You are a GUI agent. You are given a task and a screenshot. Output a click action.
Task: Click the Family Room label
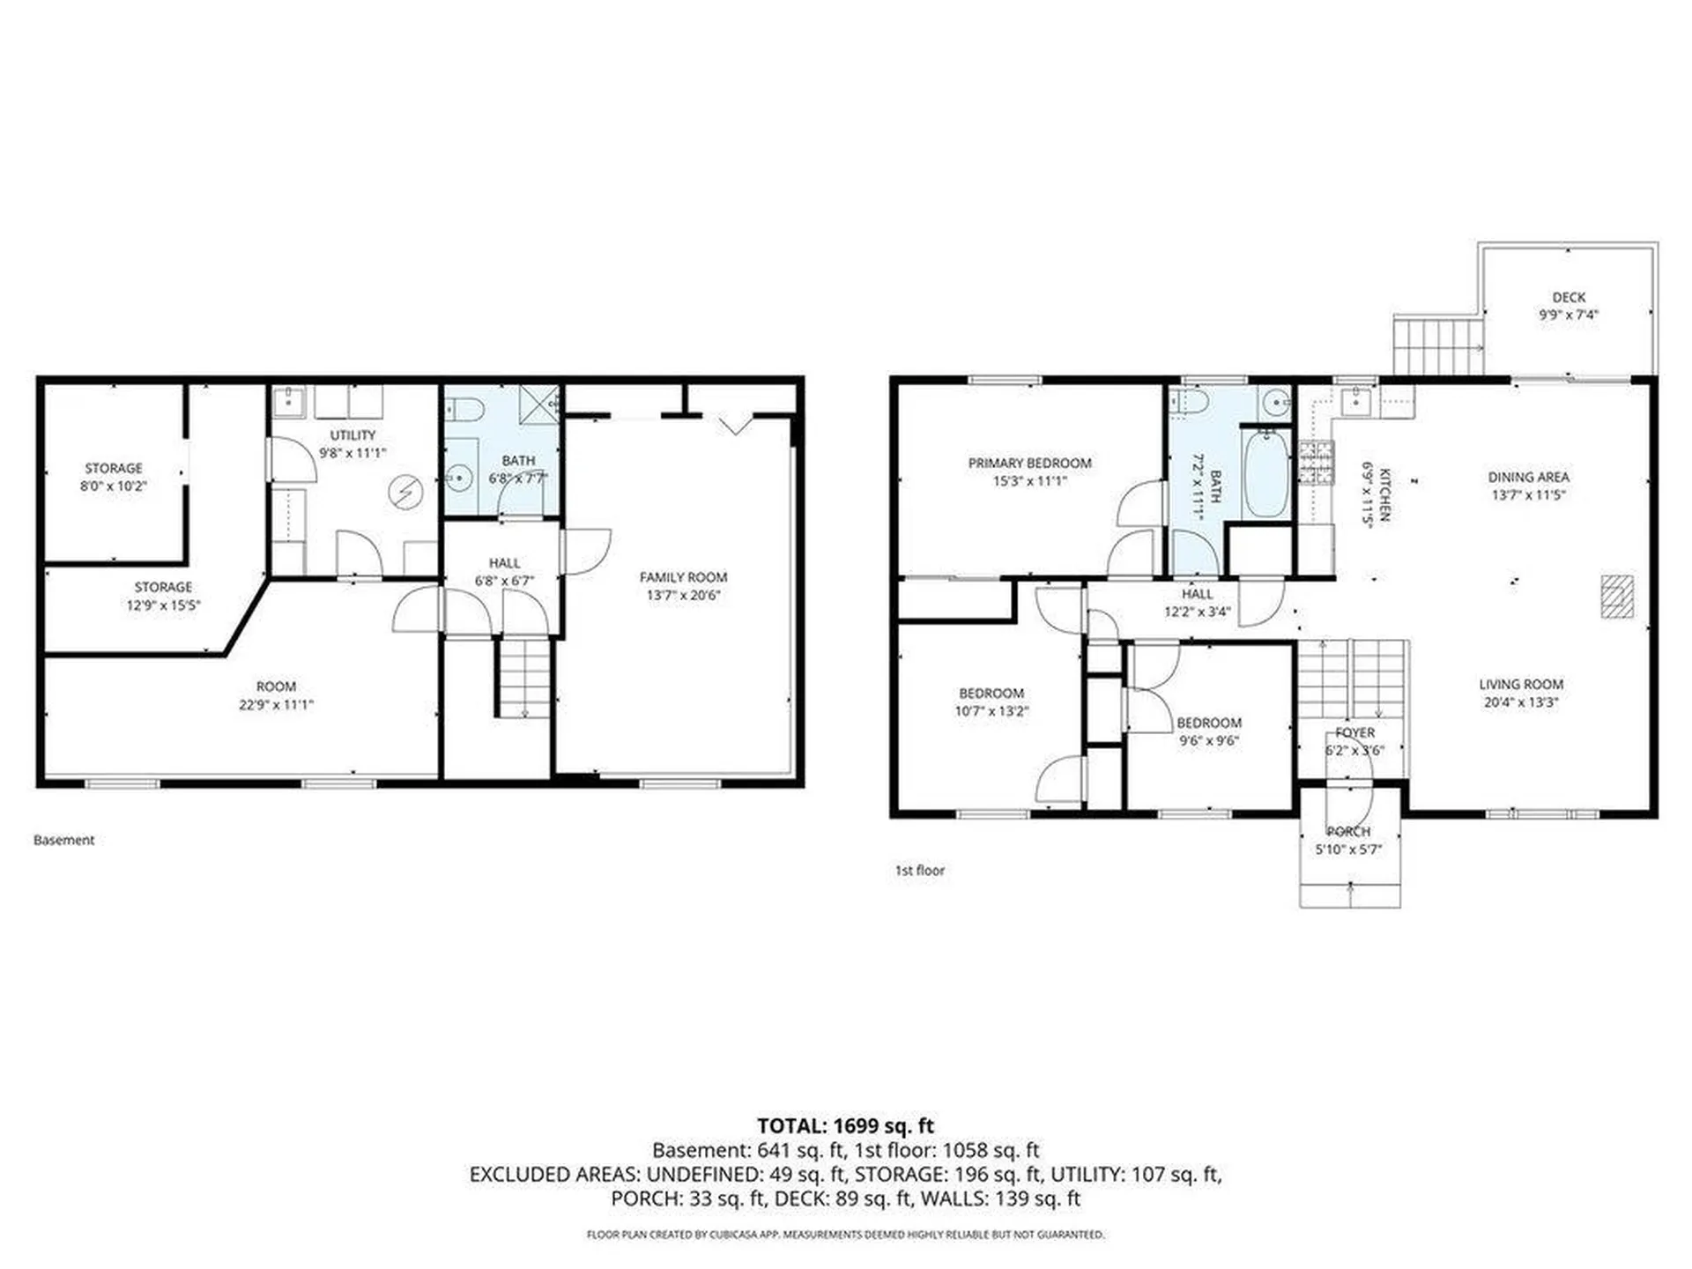pyautogui.click(x=683, y=577)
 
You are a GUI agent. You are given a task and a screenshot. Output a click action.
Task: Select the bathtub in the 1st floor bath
pyautogui.click(x=1265, y=473)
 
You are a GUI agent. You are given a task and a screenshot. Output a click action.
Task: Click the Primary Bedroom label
pyautogui.click(x=1029, y=463)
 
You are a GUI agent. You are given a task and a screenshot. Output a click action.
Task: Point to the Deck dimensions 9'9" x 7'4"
pyautogui.click(x=1568, y=315)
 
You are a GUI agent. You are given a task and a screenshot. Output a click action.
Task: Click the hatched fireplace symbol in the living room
pyautogui.click(x=1617, y=596)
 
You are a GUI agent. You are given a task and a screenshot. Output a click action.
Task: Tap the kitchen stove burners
pyautogui.click(x=1316, y=464)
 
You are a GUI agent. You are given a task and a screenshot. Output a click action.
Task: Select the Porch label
pyautogui.click(x=1348, y=831)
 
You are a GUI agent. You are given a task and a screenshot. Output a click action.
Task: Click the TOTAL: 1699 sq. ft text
pyautogui.click(x=845, y=1125)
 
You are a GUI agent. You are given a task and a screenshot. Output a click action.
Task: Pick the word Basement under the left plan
pyautogui.click(x=63, y=840)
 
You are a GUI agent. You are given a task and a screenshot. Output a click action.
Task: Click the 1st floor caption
pyautogui.click(x=919, y=870)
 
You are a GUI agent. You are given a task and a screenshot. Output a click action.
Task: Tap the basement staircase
pyautogui.click(x=525, y=678)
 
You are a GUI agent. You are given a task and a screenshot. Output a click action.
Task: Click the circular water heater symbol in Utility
pyautogui.click(x=405, y=491)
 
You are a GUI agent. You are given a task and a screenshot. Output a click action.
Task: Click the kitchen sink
pyautogui.click(x=1353, y=403)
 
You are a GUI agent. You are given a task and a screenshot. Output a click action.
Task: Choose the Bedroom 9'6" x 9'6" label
pyautogui.click(x=1209, y=731)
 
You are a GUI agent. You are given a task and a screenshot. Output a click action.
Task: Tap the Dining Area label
pyautogui.click(x=1528, y=477)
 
